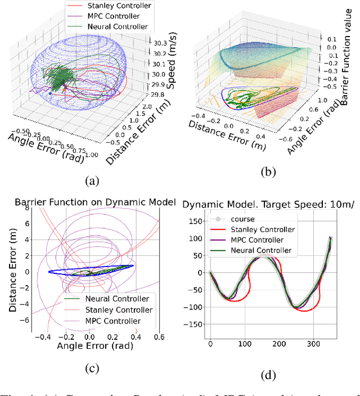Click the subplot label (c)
[91, 368]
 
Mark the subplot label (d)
[270, 378]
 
